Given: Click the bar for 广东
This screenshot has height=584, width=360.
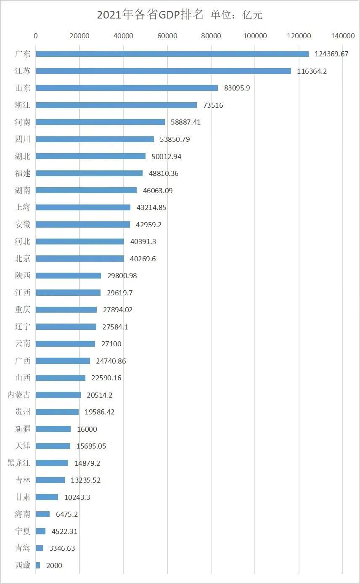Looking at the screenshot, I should coord(172,54).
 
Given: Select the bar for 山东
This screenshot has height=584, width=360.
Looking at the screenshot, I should coord(127,88).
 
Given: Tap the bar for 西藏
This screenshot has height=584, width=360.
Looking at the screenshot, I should coord(38,565).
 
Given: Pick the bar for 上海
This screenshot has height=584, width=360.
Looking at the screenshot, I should coord(83,207).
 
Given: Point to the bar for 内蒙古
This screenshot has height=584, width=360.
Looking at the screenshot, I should coord(58,395).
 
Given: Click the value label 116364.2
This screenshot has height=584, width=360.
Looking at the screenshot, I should coord(312,71).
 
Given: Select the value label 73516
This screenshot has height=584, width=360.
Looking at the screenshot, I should coord(213,105).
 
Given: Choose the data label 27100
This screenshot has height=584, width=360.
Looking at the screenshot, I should coord(111,344).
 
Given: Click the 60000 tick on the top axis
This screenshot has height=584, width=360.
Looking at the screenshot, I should coord(167,36).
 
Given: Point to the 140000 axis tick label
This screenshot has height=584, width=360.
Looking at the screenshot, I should coord(342,36).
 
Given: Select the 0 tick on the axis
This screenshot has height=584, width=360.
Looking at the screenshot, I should coord(36,36).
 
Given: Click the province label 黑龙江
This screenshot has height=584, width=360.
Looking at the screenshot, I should coord(19,463).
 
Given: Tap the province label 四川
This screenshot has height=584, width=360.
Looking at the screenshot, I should coord(23,139).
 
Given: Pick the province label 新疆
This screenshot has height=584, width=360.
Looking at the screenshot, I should coord(23,429).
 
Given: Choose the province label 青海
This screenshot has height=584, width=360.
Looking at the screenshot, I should coord(23,548).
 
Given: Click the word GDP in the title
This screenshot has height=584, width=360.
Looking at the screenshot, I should coord(169,15).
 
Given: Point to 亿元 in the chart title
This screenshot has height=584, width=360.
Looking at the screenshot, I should coord(252,15).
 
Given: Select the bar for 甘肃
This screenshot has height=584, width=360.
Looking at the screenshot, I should coord(47,497).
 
